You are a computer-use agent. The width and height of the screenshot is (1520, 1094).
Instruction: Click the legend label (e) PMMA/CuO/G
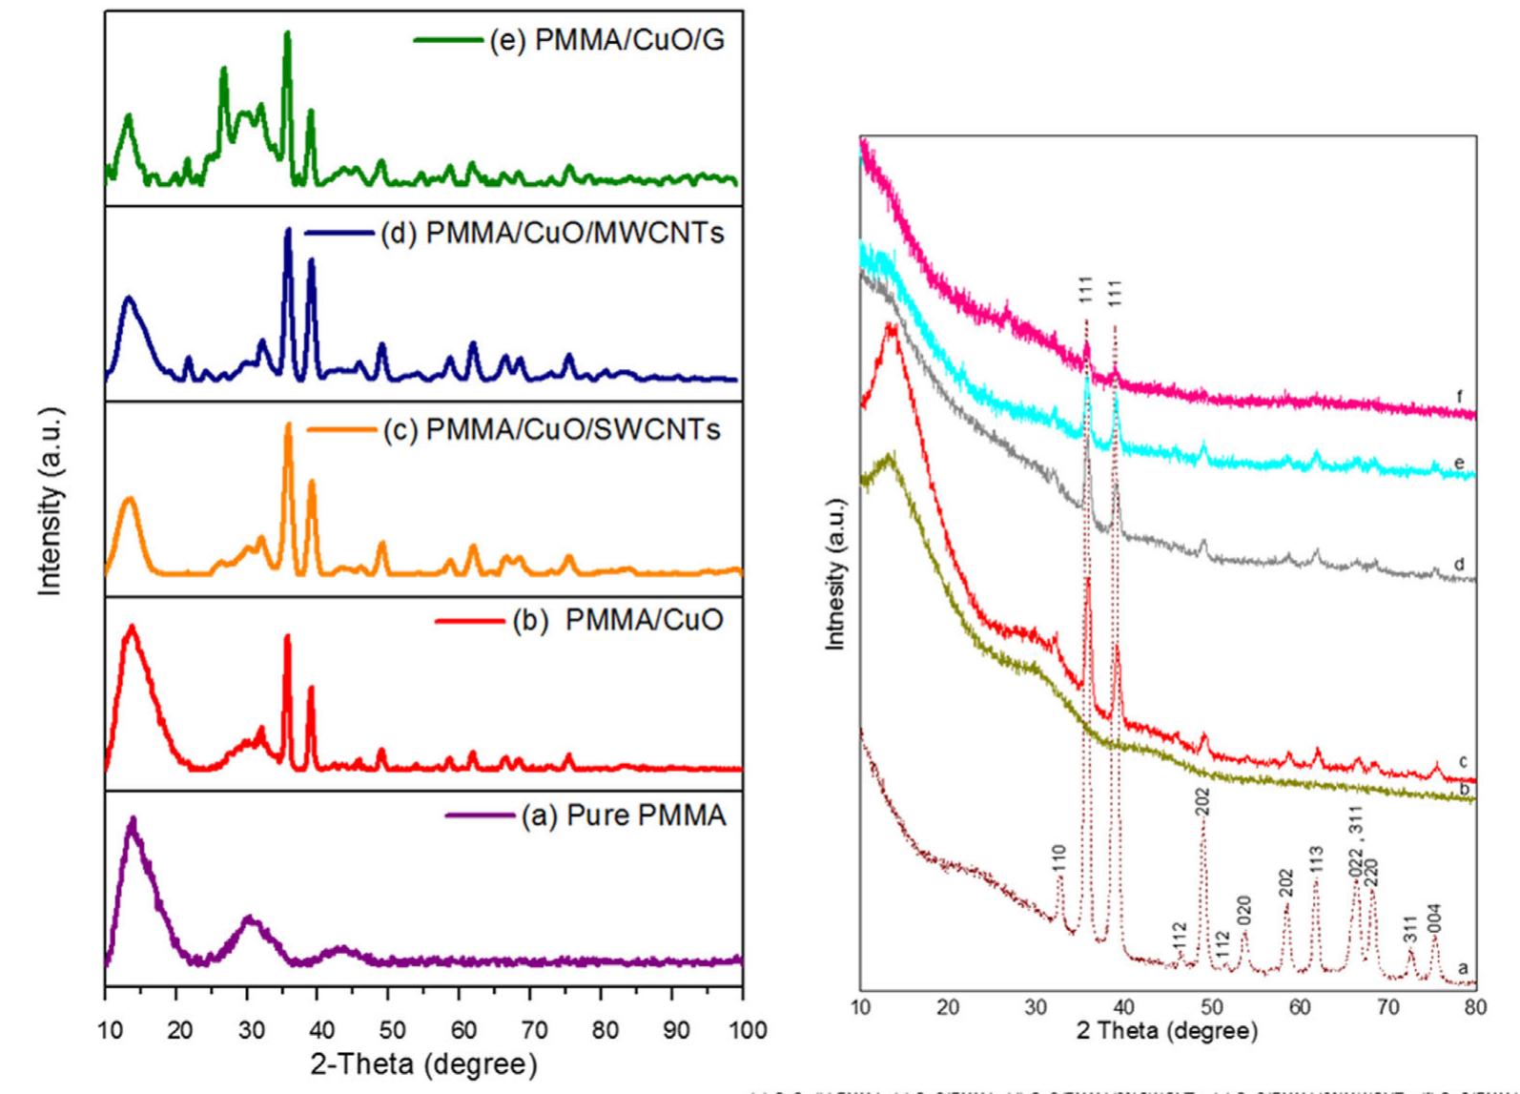(606, 42)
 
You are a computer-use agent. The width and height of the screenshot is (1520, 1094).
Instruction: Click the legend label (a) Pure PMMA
(623, 816)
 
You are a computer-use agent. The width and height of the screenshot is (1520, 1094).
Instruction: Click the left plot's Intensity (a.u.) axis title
(53, 501)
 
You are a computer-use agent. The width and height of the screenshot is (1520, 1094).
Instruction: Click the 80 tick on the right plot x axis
(1475, 1006)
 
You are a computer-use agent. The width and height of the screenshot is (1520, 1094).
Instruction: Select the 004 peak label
(1435, 919)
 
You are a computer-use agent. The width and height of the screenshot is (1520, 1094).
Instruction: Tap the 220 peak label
(1372, 873)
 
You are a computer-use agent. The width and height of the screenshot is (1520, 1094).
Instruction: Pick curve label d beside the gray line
(1460, 564)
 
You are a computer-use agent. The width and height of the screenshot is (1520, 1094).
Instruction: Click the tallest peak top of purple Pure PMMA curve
(133, 820)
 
